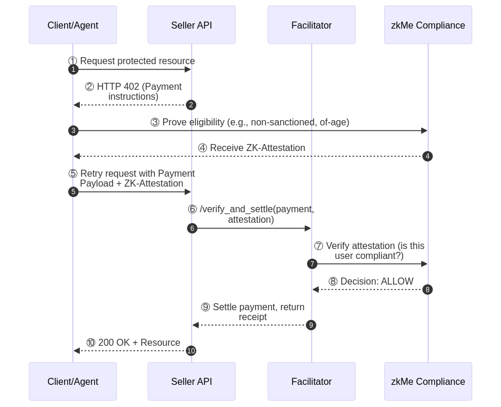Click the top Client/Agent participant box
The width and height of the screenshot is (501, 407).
pyautogui.click(x=73, y=25)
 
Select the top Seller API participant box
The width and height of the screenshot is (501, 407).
pyautogui.click(x=192, y=25)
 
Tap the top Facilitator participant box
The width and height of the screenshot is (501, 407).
pyautogui.click(x=312, y=25)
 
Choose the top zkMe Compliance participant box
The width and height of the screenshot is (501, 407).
pyautogui.click(x=428, y=25)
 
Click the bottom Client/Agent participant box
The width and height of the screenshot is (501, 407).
pyautogui.click(x=73, y=381)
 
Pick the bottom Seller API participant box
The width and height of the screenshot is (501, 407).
pyautogui.click(x=192, y=381)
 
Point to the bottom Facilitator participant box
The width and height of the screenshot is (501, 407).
pyautogui.click(x=312, y=381)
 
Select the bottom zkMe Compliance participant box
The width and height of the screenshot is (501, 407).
pyautogui.click(x=428, y=381)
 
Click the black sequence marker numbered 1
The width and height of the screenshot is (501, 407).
pyautogui.click(x=73, y=69)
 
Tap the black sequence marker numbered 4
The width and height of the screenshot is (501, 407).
pyautogui.click(x=428, y=156)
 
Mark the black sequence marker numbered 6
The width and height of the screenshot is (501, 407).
pyautogui.click(x=192, y=229)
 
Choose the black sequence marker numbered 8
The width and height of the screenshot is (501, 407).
pyautogui.click(x=428, y=290)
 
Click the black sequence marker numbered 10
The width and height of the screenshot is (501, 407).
pyautogui.click(x=191, y=350)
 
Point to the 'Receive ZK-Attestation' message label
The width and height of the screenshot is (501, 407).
pyautogui.click(x=251, y=148)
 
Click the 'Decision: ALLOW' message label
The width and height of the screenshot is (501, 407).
pyautogui.click(x=371, y=282)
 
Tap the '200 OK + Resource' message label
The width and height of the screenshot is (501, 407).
pyautogui.click(x=133, y=343)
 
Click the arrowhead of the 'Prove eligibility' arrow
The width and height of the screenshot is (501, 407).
pyautogui.click(x=425, y=131)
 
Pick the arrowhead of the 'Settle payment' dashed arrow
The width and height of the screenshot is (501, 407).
pyautogui.click(x=196, y=325)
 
